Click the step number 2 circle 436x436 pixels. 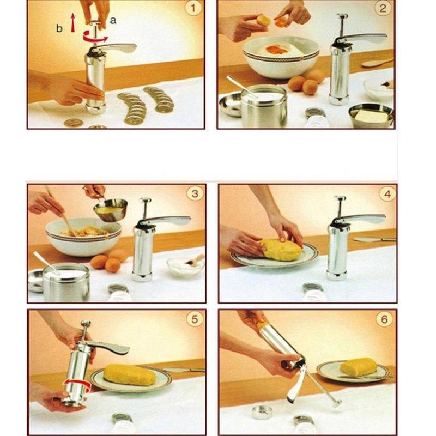click(x=384, y=8)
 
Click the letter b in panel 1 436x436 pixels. click(x=59, y=28)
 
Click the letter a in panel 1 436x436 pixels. click(x=113, y=20)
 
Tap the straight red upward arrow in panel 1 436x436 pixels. click(x=72, y=23)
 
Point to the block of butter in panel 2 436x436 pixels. click(x=372, y=115)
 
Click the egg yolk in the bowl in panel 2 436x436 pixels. click(x=277, y=50)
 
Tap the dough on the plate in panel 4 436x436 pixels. click(x=281, y=250)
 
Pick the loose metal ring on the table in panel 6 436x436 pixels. click(x=262, y=411)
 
